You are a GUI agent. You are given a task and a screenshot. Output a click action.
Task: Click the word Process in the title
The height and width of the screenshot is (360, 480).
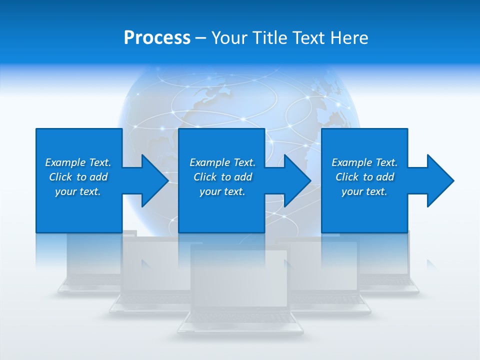pos(157,38)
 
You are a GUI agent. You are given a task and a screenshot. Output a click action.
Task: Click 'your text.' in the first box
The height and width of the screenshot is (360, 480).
pos(78,191)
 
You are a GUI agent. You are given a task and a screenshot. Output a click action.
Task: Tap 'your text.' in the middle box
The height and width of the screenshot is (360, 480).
pos(222,191)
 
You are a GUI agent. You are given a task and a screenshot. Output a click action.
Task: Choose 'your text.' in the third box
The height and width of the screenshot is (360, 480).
pos(364,191)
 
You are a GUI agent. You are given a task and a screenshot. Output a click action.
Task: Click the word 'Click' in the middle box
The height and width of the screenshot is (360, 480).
pos(204,177)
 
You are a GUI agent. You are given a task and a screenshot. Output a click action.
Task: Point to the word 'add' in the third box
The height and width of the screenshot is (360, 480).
pos(385,177)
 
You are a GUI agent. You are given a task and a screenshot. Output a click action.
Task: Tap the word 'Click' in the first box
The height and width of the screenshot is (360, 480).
pos(60,177)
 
